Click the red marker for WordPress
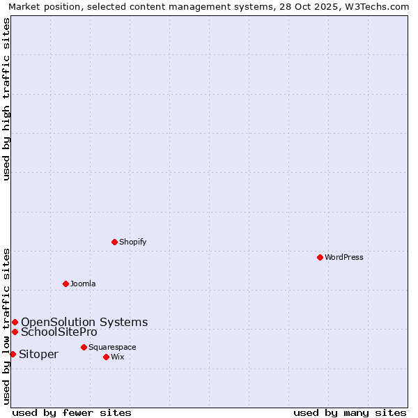pyautogui.click(x=320, y=257)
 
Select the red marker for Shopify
pyautogui.click(x=114, y=242)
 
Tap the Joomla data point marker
pyautogui.click(x=65, y=284)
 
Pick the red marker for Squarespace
pyautogui.click(x=84, y=347)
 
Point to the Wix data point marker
pyautogui.click(x=106, y=357)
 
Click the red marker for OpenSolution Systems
pyautogui.click(x=15, y=322)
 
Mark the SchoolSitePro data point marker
pyautogui.click(x=15, y=332)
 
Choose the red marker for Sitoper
pyautogui.click(x=13, y=354)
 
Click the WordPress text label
pyautogui.click(x=344, y=257)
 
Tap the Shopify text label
pyautogui.click(x=132, y=242)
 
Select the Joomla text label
pyautogui.click(x=83, y=284)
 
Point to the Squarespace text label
pyautogui.click(x=112, y=347)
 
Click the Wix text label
pyautogui.click(x=117, y=357)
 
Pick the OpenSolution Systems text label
pyautogui.click(x=84, y=322)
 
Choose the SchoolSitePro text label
pyautogui.click(x=59, y=332)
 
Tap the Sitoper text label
pyautogui.click(x=38, y=354)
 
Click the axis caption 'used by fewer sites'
pyautogui.click(x=72, y=412)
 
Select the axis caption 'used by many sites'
pyautogui.click(x=350, y=412)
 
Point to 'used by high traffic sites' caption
pyautogui.click(x=6, y=99)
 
